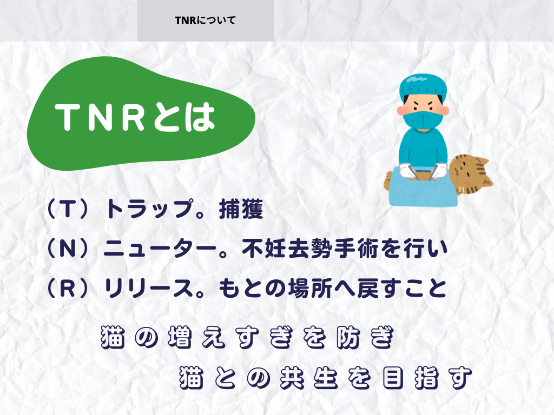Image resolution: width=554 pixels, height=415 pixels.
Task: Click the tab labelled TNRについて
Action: [206, 21]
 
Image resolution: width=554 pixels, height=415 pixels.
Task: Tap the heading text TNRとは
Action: [135, 117]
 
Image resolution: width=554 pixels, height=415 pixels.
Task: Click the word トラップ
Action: [150, 209]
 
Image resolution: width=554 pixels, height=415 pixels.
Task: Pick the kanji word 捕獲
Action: [241, 209]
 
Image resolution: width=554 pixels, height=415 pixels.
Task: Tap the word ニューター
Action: [160, 249]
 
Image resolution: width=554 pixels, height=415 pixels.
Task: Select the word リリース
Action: [149, 288]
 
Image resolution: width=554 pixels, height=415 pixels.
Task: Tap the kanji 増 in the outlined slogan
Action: [180, 337]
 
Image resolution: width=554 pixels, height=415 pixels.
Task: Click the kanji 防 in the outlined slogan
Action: [348, 337]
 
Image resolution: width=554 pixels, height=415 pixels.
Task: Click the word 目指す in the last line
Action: [427, 378]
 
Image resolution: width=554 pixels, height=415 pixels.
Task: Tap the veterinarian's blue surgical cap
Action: [423, 86]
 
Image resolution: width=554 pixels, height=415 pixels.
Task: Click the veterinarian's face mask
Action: [423, 120]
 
